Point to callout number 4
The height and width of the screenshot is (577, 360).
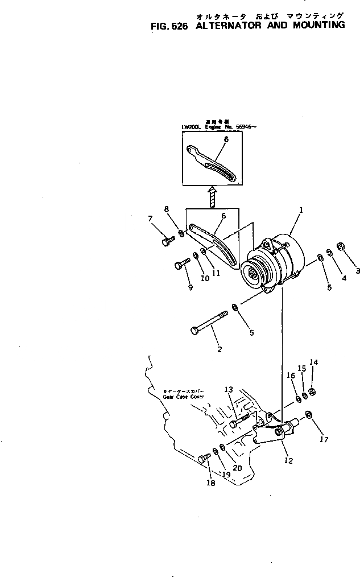[x=344, y=278]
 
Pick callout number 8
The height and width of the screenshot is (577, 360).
[x=167, y=209]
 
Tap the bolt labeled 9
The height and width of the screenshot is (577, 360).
[x=180, y=263]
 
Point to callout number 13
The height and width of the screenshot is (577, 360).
[x=229, y=389]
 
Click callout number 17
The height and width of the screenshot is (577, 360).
[x=324, y=439]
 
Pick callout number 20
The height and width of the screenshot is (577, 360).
[x=238, y=468]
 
